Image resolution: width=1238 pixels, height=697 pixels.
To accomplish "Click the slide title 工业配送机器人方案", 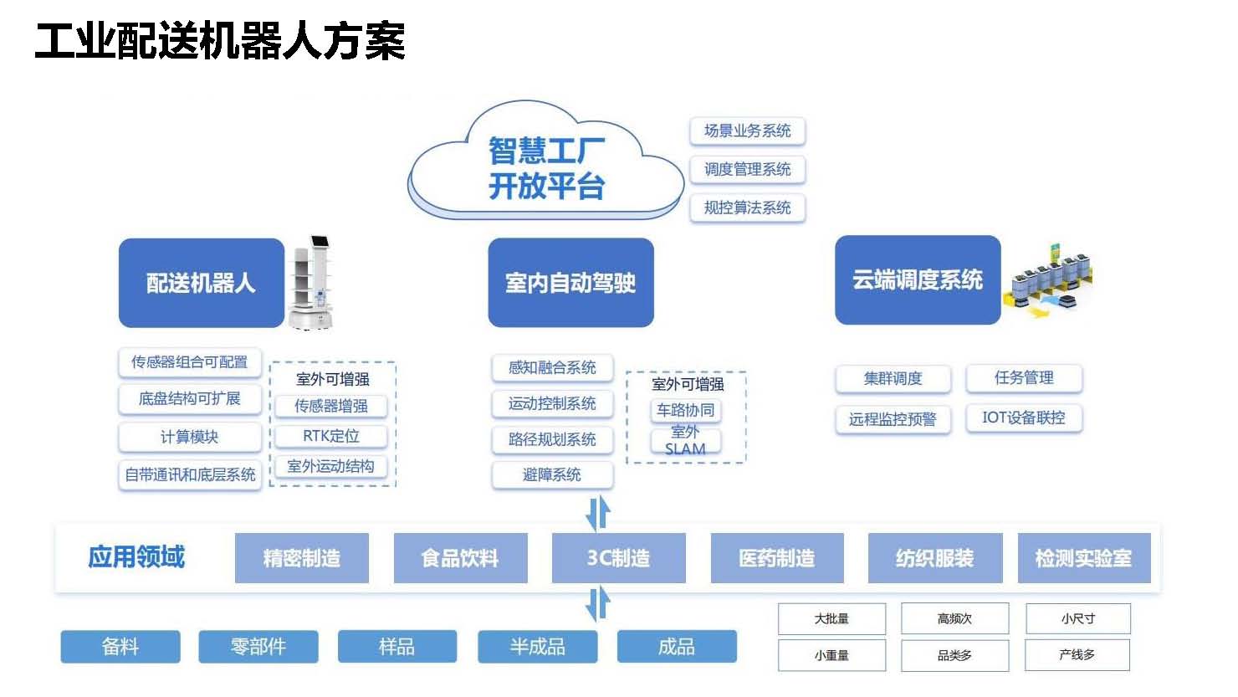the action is coord(220,41).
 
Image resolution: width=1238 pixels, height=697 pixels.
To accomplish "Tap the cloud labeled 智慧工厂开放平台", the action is coord(546,161).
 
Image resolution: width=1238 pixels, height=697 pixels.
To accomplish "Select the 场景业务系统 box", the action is coord(747,131).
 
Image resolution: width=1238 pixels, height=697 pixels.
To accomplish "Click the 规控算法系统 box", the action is coord(747,208).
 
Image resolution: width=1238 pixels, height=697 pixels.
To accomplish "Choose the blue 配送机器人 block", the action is coord(201,283).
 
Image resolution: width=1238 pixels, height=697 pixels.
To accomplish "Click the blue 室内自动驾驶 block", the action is coord(571,283).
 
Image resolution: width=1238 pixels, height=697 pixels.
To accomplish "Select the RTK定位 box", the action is coord(331,436).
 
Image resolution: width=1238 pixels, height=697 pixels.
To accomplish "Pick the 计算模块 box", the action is coord(190,438).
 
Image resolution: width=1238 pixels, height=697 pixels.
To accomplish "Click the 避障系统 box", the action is coord(552,474).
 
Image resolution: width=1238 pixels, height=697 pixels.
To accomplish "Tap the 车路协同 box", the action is coord(686,410).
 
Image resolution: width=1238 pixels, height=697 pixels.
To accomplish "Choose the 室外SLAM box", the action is coord(686,440).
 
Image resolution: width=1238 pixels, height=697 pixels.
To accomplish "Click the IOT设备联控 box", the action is coord(1024,418).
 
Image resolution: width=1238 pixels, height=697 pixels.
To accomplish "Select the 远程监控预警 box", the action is coord(893,419).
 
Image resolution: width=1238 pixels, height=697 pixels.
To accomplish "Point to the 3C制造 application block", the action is coord(618,558).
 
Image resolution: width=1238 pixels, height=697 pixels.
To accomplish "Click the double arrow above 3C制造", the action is coord(598,513).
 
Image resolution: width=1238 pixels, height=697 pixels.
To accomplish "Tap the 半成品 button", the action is coord(538,646).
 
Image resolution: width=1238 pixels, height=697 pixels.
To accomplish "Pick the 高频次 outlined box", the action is coord(954,618).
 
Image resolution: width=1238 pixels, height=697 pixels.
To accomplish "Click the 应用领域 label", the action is coord(136,556).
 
